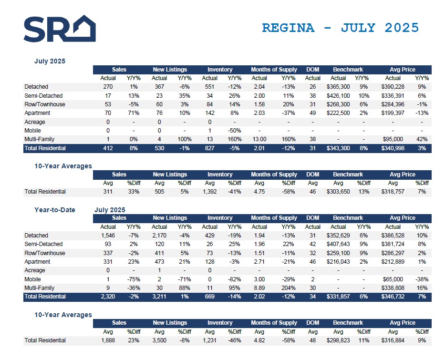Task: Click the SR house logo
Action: coord(60,29)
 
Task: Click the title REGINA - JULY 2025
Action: coord(340,28)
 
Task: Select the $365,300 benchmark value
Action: coord(338,87)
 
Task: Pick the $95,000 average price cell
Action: coord(393,139)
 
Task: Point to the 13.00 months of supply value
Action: coord(259,139)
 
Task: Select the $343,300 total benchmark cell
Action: coord(338,148)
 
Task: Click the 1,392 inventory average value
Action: coord(210,192)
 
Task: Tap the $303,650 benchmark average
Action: coord(338,192)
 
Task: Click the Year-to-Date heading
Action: coord(54,210)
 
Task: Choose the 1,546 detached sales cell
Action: coord(108,236)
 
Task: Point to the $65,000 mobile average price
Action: coord(393,279)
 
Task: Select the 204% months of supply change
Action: coord(289,288)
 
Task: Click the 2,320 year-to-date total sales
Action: coord(108,297)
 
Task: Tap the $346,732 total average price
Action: coord(393,297)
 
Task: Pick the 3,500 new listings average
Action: coord(159,340)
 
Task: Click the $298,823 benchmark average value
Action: coord(338,340)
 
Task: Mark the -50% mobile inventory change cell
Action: coord(234,131)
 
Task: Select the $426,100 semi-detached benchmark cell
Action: coord(338,96)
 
